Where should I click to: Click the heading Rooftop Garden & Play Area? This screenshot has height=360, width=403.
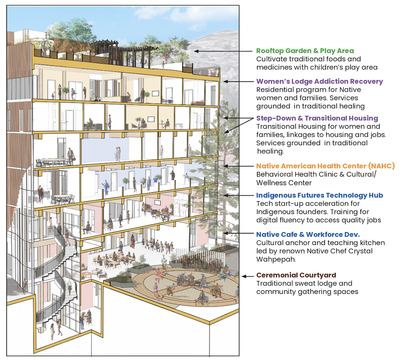click(x=305, y=51)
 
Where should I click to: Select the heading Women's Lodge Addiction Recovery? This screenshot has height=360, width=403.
click(x=319, y=81)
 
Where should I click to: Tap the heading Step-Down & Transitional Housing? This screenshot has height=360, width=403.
click(x=317, y=118)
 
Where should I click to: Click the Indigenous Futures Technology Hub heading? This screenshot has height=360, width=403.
click(x=319, y=195)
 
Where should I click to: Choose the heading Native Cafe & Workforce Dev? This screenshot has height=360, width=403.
click(x=308, y=234)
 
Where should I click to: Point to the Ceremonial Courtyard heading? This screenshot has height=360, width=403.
click(x=296, y=275)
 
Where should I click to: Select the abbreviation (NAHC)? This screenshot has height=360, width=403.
click(x=381, y=166)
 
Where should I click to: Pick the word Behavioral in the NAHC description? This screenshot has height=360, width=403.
click(x=274, y=174)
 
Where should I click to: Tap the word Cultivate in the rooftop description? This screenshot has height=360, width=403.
click(x=271, y=59)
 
